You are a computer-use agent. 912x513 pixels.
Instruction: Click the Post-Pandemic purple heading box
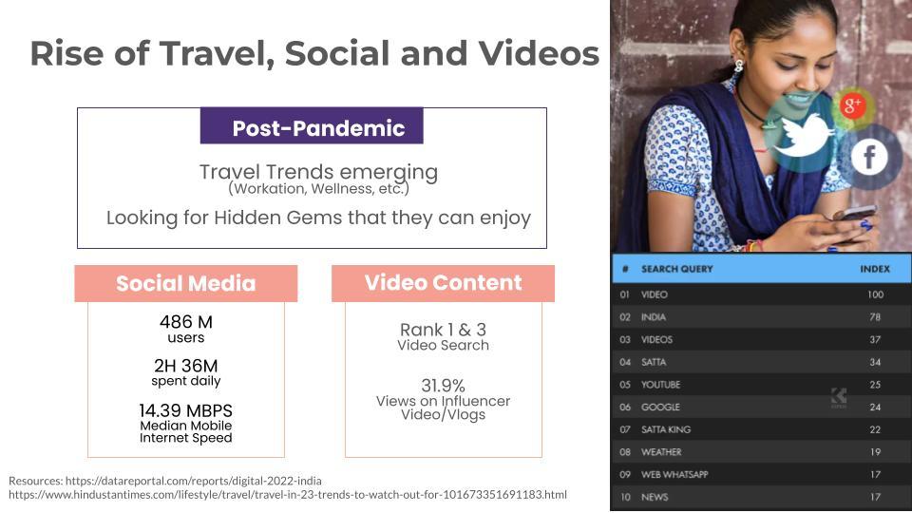(312, 125)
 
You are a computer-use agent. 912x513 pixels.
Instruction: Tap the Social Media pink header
(186, 283)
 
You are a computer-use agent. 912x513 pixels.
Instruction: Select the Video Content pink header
(444, 283)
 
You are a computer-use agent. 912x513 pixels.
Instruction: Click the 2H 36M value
(186, 366)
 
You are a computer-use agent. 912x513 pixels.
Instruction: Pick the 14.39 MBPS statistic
(186, 410)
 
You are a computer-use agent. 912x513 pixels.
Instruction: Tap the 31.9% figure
(444, 386)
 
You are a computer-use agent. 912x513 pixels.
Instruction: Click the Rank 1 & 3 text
(444, 330)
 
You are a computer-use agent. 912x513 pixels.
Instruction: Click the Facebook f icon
(869, 157)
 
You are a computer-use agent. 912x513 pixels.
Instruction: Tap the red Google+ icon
(852, 105)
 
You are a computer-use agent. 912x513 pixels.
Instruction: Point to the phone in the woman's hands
(854, 214)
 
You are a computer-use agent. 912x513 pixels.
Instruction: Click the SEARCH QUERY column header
(676, 269)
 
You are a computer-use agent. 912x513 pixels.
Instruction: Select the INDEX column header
(875, 269)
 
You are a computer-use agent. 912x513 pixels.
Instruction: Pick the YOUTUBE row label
(661, 385)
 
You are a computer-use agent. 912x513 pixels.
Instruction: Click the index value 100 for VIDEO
(875, 294)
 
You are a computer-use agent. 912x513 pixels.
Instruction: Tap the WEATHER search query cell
(661, 452)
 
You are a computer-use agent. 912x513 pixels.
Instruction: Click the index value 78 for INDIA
(875, 317)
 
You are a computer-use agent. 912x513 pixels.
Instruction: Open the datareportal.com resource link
(194, 481)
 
